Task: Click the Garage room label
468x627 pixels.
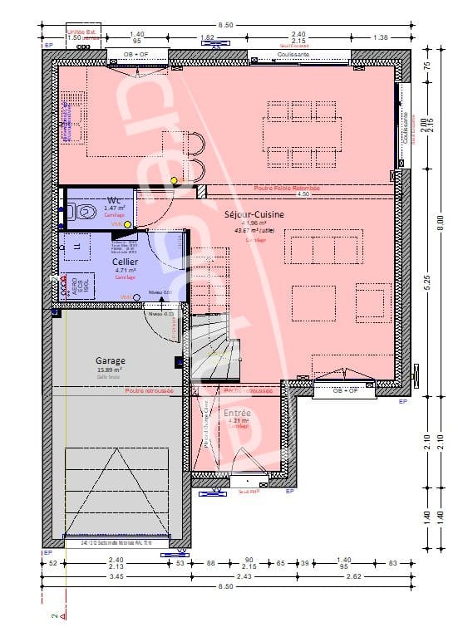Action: click(x=111, y=360)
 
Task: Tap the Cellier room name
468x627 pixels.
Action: click(x=126, y=262)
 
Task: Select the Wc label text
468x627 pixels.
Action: click(x=115, y=199)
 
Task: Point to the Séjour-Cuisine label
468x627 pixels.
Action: click(x=254, y=214)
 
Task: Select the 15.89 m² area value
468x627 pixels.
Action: click(x=110, y=370)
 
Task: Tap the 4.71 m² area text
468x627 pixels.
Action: click(x=125, y=271)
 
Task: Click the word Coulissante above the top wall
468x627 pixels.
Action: click(x=293, y=54)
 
